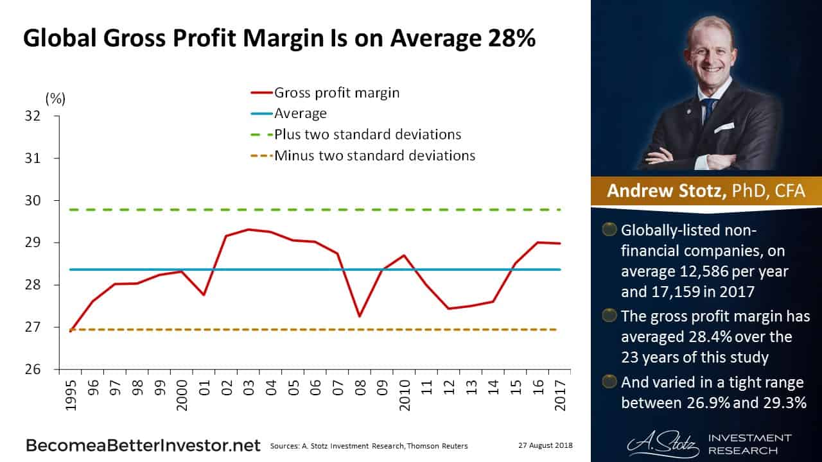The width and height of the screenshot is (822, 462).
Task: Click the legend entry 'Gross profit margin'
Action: (x=337, y=92)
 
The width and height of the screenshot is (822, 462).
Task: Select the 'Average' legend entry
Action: (x=300, y=114)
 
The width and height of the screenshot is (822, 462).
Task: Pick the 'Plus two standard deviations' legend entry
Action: (x=367, y=135)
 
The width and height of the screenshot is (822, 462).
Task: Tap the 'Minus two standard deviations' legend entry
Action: (x=374, y=155)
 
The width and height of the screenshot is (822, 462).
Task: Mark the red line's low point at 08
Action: (x=360, y=316)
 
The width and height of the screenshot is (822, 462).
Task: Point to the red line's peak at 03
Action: (x=249, y=229)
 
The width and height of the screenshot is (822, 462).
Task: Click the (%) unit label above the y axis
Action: (x=55, y=98)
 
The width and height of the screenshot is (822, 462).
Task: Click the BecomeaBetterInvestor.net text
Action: (x=143, y=445)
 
